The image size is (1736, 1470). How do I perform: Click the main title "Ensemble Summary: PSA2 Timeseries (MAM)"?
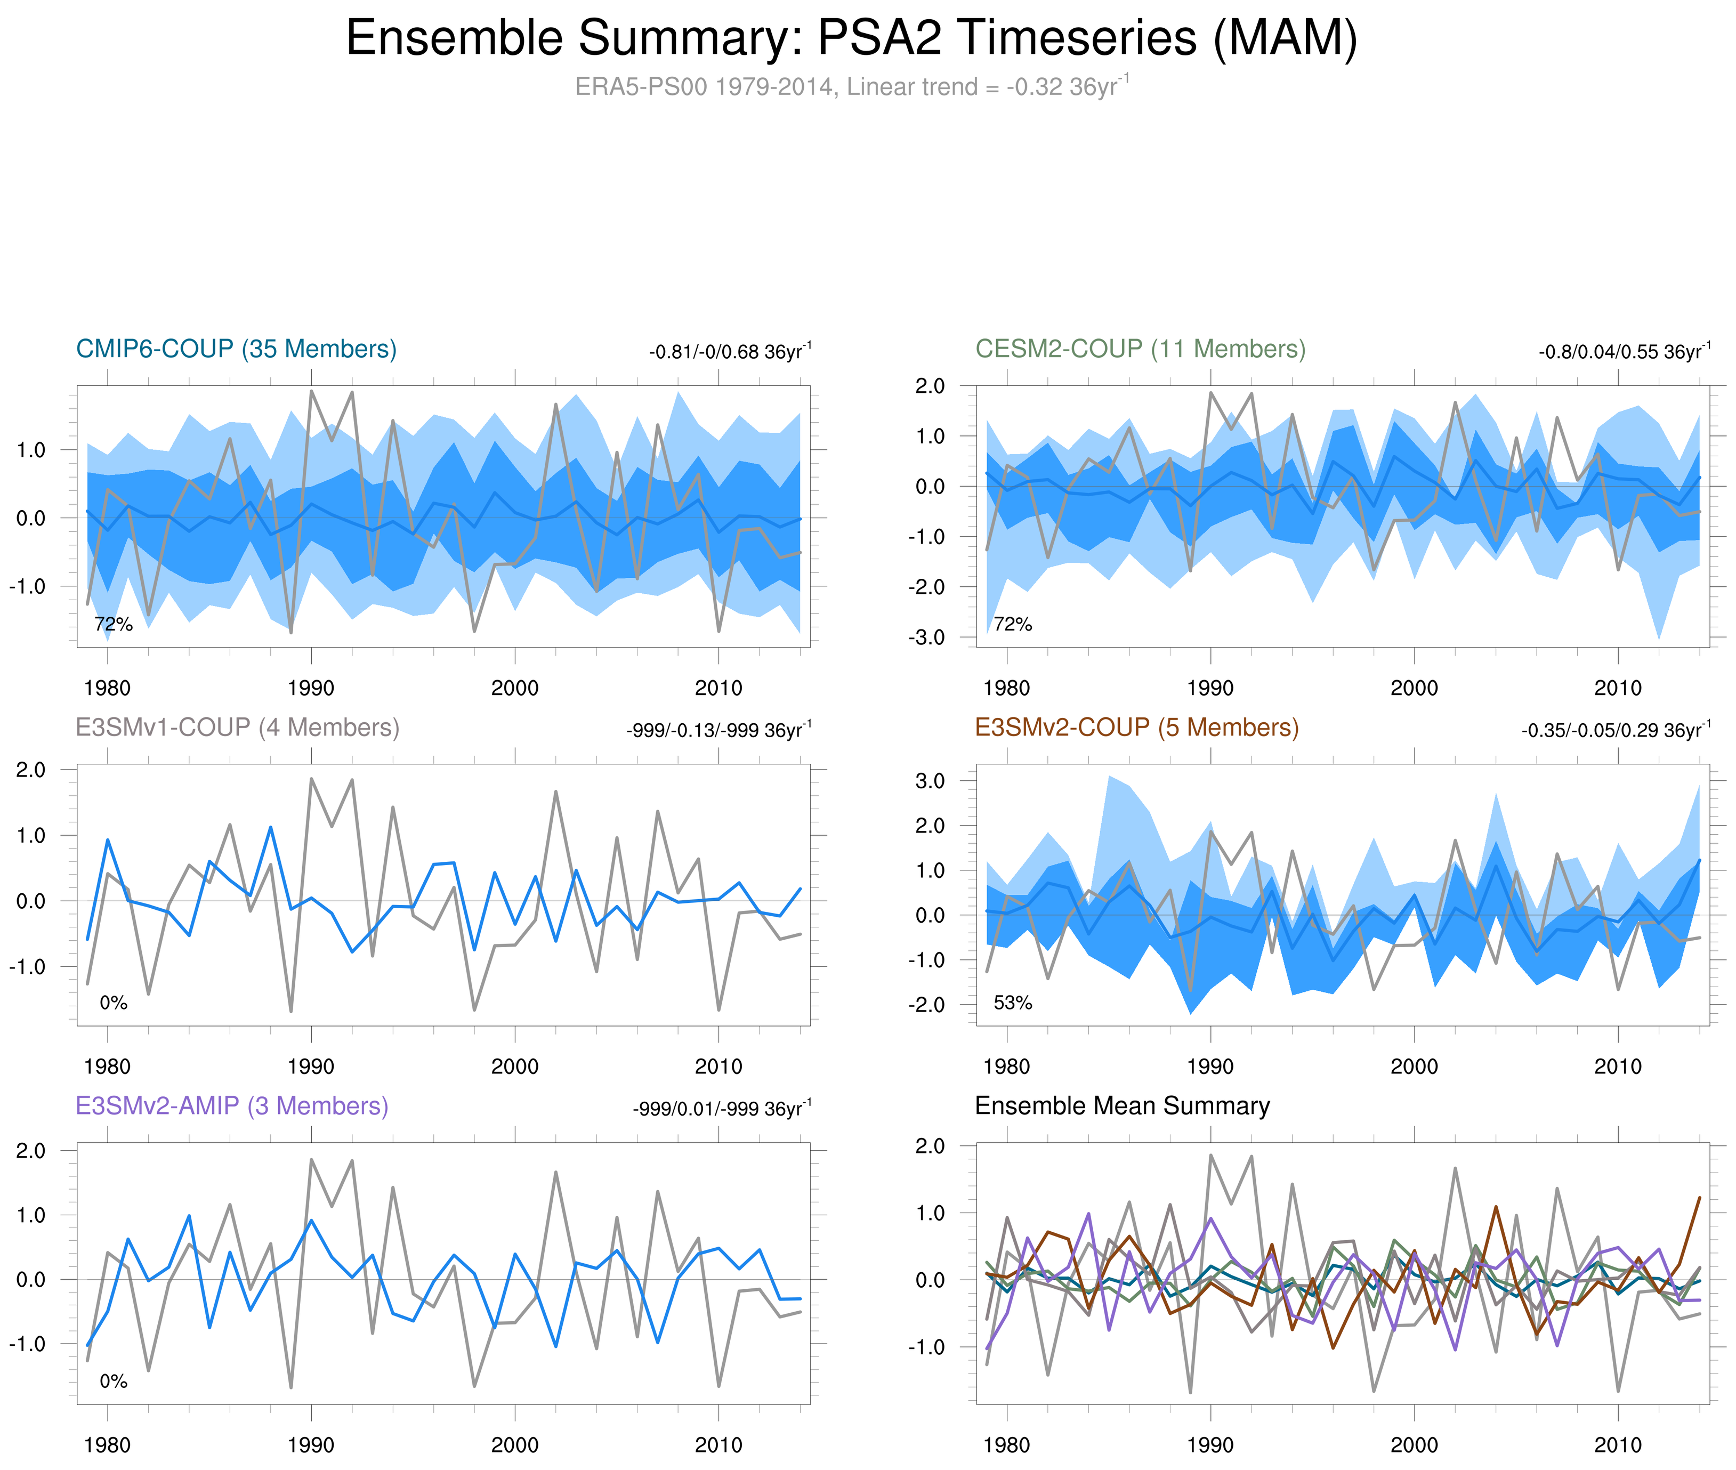[851, 38]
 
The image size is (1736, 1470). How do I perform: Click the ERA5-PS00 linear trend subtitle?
[851, 87]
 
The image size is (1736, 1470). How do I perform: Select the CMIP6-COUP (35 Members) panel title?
[236, 349]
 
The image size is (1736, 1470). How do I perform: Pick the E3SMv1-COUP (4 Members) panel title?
[238, 728]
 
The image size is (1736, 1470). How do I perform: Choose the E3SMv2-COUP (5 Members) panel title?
[1136, 728]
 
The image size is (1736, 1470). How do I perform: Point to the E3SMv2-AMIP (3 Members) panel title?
[232, 1106]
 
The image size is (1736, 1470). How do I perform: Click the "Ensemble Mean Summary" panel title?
[1122, 1106]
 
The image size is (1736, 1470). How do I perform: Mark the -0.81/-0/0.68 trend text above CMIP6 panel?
[729, 352]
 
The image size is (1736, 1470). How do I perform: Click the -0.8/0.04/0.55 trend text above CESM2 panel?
[1624, 352]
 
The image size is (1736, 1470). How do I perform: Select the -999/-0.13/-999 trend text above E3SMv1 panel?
[718, 730]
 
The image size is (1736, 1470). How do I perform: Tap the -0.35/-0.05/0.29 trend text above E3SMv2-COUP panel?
[1615, 730]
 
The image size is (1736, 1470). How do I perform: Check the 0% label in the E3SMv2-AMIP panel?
[114, 1381]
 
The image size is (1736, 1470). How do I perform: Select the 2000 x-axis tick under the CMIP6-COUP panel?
[514, 688]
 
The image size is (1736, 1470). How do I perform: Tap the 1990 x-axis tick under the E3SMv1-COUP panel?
[310, 1067]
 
